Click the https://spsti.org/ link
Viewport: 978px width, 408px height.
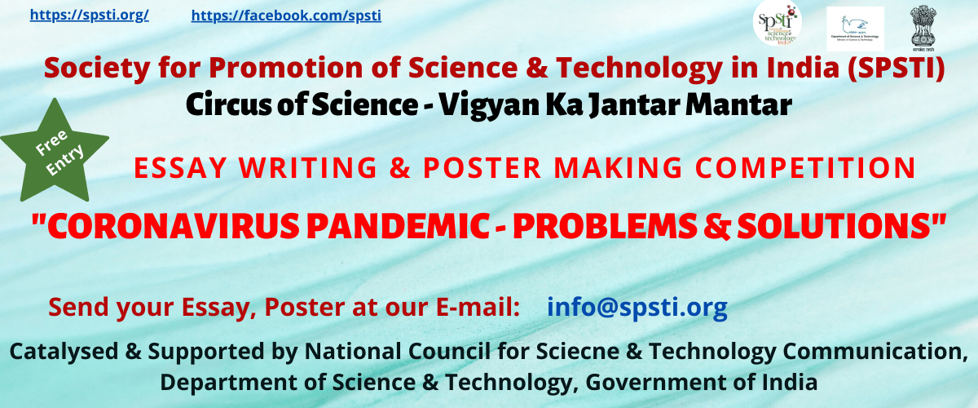[89, 15]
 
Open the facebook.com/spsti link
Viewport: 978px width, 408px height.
[285, 16]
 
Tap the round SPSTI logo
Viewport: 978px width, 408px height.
[777, 24]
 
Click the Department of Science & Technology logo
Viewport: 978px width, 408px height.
[854, 29]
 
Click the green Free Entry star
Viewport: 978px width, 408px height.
[54, 151]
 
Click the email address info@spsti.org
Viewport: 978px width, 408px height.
[637, 307]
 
